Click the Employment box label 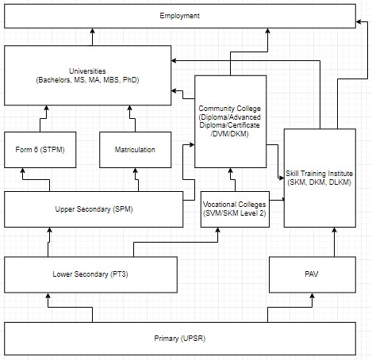[x=179, y=16]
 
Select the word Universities [x=87, y=71]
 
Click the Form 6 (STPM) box [x=40, y=150]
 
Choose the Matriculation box [x=136, y=150]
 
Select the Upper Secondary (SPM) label [x=94, y=209]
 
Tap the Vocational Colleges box [x=235, y=209]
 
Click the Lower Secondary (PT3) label [x=90, y=274]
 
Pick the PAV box [x=313, y=274]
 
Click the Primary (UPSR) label [x=180, y=339]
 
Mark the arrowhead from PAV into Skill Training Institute [x=335, y=230]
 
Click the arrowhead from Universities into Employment [x=92, y=31]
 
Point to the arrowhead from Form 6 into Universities [x=46, y=108]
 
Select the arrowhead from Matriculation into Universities [x=129, y=108]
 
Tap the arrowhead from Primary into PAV [x=313, y=296]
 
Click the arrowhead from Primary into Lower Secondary [x=48, y=296]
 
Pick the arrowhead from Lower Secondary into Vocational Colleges [x=218, y=230]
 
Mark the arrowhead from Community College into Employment [x=267, y=31]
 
